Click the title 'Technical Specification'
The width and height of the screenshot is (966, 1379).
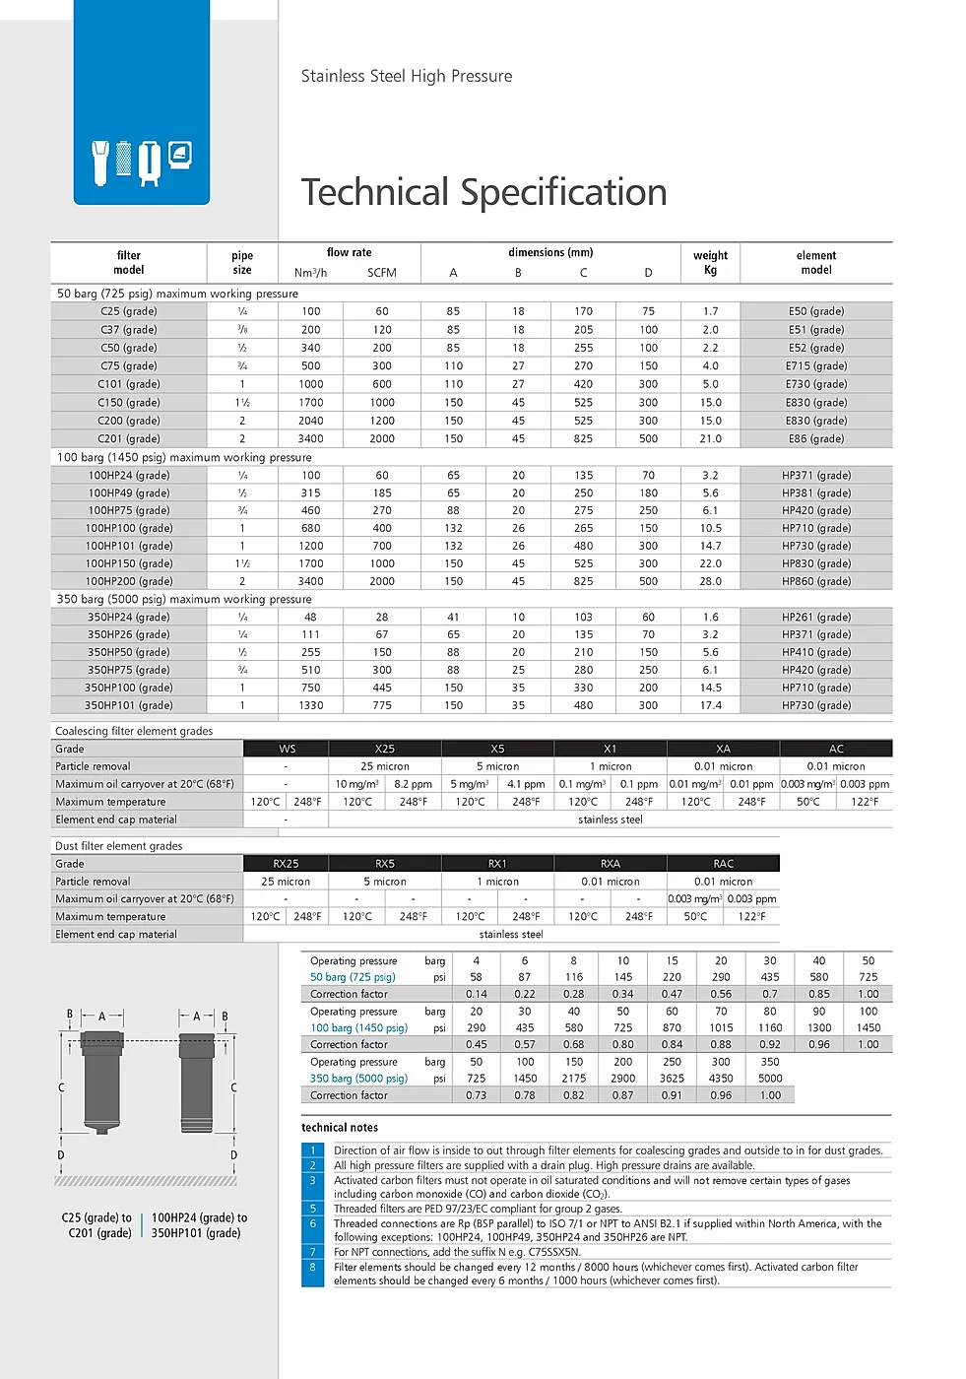point(483,192)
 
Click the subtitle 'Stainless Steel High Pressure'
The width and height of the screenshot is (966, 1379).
point(406,76)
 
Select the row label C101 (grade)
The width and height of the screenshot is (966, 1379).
point(128,384)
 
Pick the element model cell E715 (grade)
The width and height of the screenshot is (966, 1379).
point(815,365)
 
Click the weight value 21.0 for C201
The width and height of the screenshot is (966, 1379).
point(710,439)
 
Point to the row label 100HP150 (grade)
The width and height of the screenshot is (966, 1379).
point(128,563)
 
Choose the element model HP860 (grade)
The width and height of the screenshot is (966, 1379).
point(815,581)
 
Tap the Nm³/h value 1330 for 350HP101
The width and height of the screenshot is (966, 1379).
point(310,705)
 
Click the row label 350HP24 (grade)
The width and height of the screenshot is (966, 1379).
point(128,618)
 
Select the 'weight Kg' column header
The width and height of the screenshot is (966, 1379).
point(710,262)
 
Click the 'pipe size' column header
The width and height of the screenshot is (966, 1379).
point(242,262)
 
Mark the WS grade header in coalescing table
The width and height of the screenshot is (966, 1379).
point(287,749)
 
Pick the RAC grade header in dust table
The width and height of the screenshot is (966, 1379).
point(723,864)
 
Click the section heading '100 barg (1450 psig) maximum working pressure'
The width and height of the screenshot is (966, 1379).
point(184,457)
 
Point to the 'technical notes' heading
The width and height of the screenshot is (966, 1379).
point(340,1128)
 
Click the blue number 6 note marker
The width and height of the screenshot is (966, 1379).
point(313,1223)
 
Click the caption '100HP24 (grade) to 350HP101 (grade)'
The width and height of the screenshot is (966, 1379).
point(198,1225)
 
